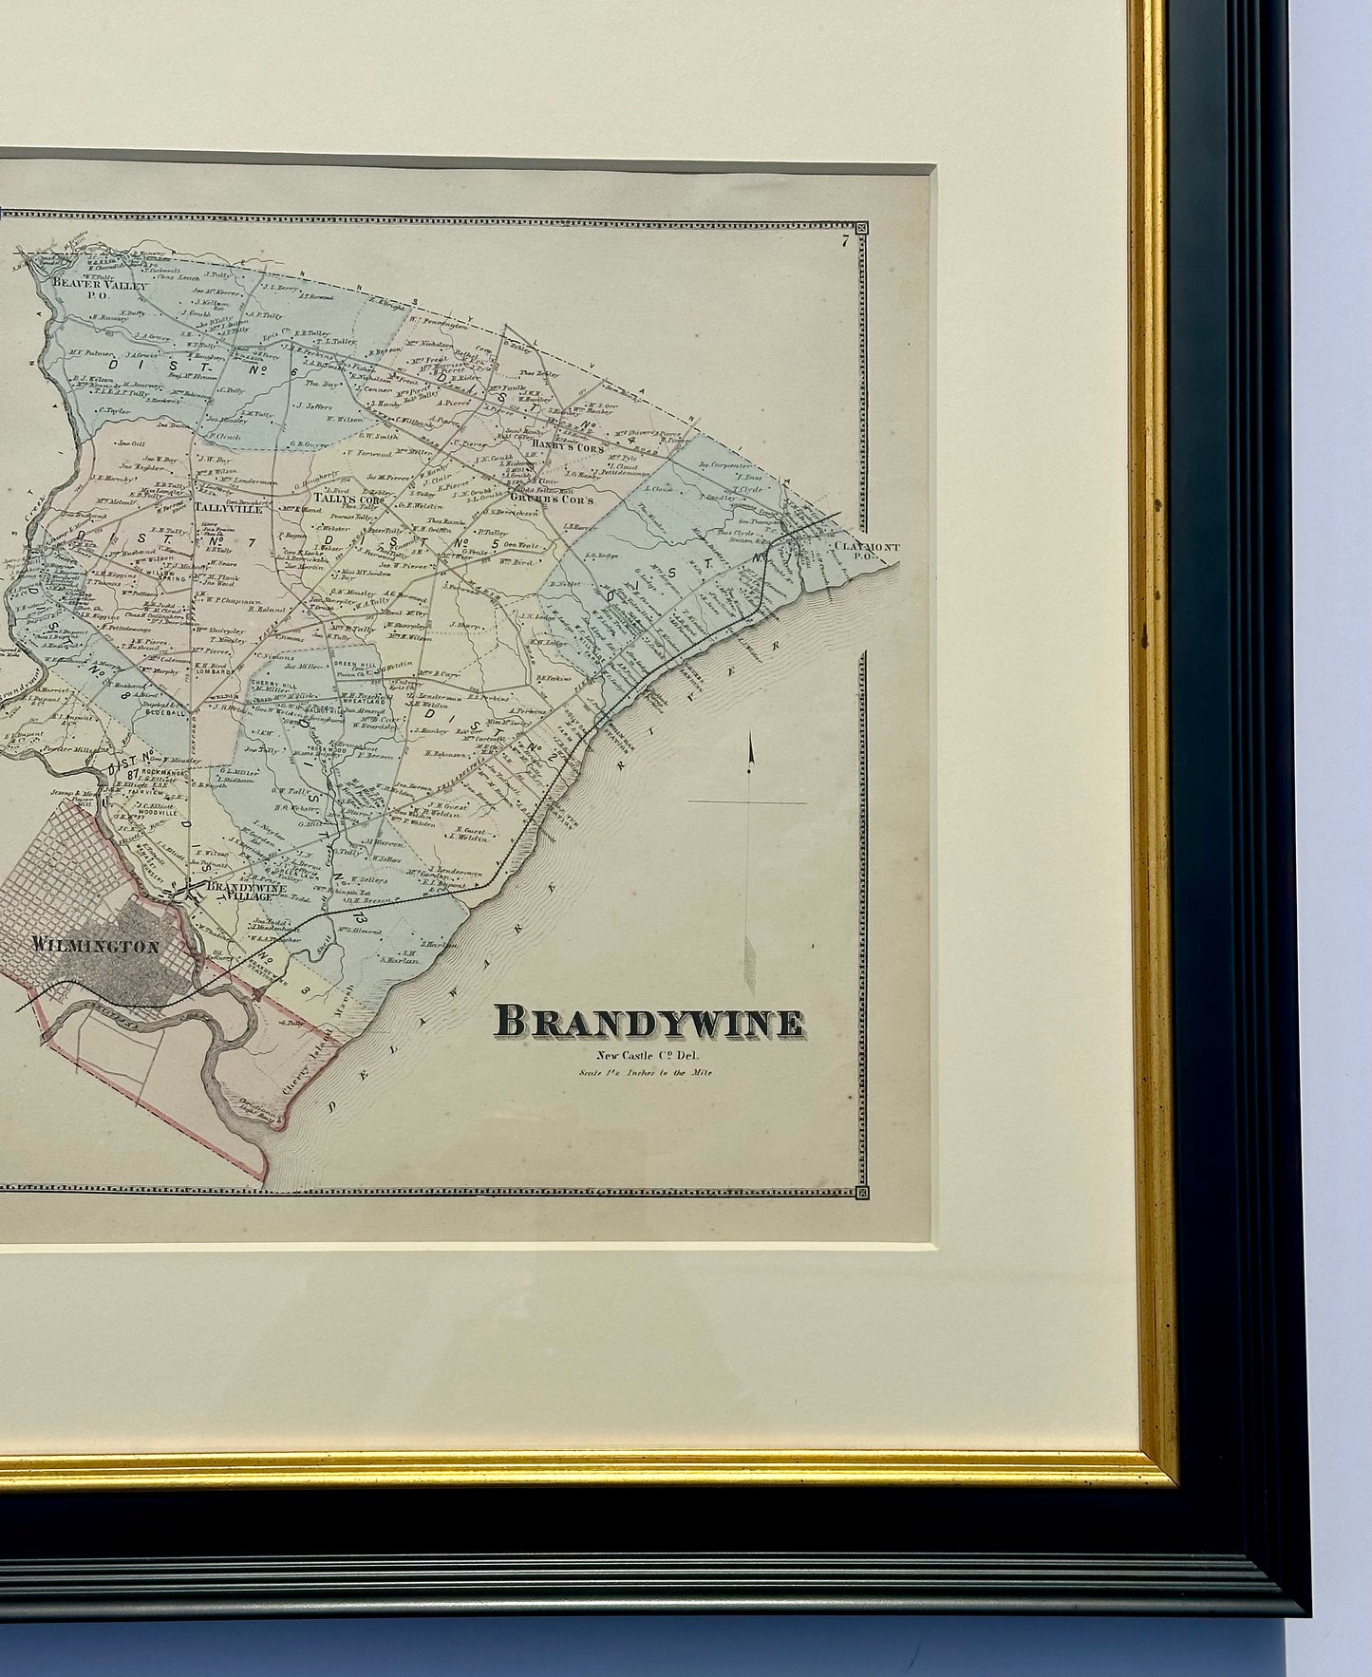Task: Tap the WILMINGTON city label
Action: [94, 945]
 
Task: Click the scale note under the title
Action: [648, 1074]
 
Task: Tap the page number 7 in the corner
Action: [842, 241]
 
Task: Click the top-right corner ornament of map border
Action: [861, 228]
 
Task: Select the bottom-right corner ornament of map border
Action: [861, 1192]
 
